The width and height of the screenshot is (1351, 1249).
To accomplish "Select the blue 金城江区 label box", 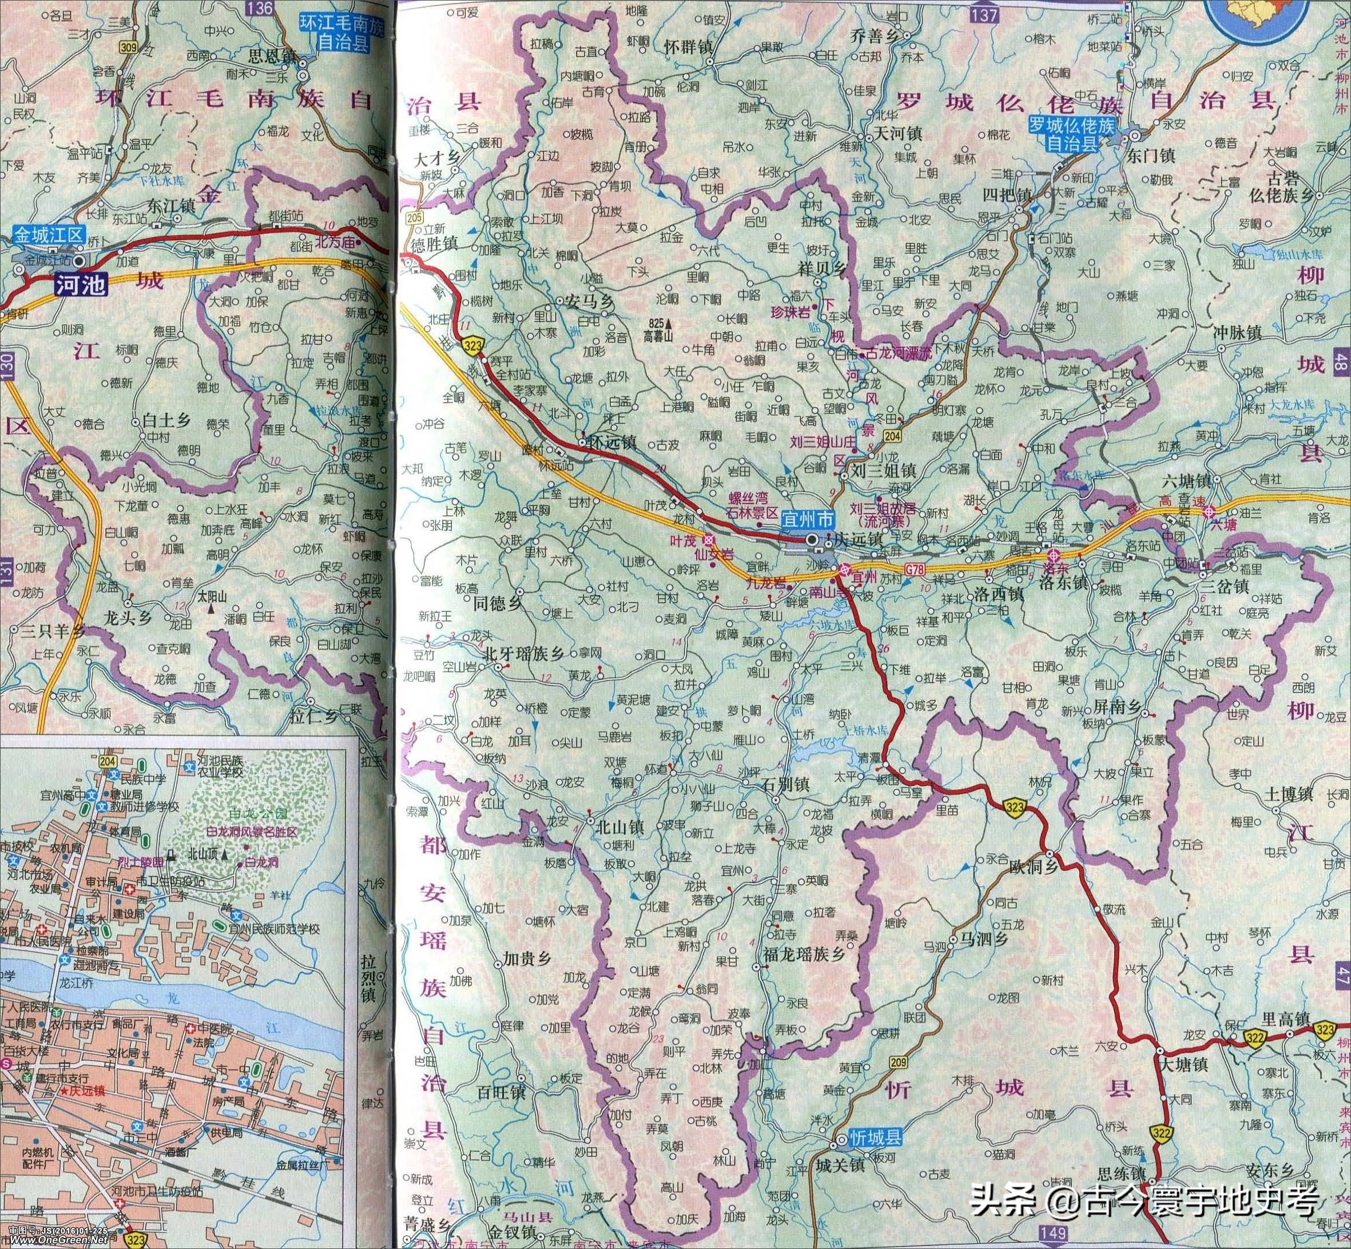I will pyautogui.click(x=50, y=236).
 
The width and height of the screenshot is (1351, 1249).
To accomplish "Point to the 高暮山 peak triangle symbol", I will pyautogui.click(x=669, y=323).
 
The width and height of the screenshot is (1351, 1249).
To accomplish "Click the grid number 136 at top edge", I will pyautogui.click(x=260, y=8).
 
